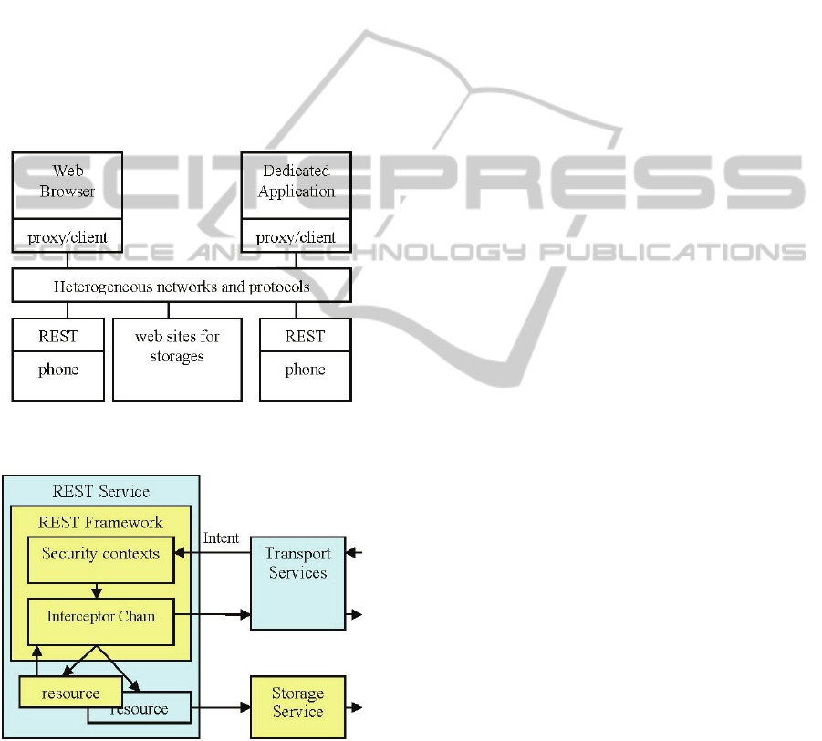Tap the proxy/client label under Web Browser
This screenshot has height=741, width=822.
[67, 237]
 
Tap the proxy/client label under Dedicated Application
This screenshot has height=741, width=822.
[296, 237]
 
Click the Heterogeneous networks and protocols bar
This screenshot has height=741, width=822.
[181, 286]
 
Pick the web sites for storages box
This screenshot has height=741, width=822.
[177, 358]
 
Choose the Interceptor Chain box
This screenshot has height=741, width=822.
[100, 617]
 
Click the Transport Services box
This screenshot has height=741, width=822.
[297, 582]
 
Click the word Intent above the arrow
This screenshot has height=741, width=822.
[221, 538]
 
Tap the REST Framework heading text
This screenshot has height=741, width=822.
[100, 523]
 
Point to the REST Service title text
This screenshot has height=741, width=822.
[100, 492]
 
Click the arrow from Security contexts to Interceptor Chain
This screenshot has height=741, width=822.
[97, 590]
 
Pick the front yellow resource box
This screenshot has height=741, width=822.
[70, 693]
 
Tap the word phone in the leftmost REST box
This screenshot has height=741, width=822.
[57, 370]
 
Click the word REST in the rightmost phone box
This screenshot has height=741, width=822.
[305, 337]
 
